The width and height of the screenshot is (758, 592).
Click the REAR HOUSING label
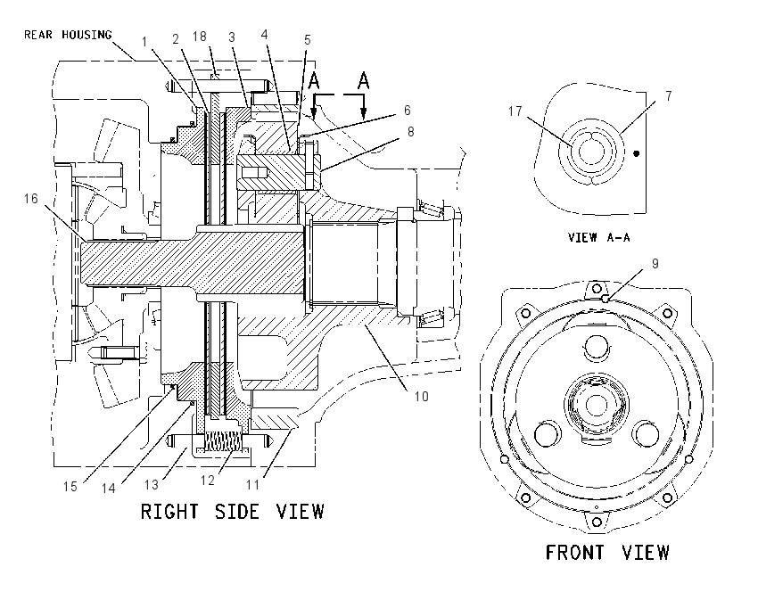pyautogui.click(x=68, y=35)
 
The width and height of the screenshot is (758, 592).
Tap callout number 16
pyautogui.click(x=31, y=199)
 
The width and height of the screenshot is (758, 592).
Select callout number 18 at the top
pyautogui.click(x=199, y=37)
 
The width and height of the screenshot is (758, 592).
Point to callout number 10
pyautogui.click(x=422, y=396)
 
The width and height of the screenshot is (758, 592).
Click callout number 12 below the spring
pyautogui.click(x=208, y=481)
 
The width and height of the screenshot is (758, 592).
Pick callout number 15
pyautogui.click(x=70, y=486)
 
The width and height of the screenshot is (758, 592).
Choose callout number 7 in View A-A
pyautogui.click(x=669, y=95)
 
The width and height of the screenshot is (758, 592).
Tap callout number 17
pyautogui.click(x=515, y=111)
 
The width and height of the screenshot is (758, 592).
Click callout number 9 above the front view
pyautogui.click(x=655, y=263)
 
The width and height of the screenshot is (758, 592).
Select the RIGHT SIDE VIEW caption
pyautogui.click(x=232, y=511)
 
